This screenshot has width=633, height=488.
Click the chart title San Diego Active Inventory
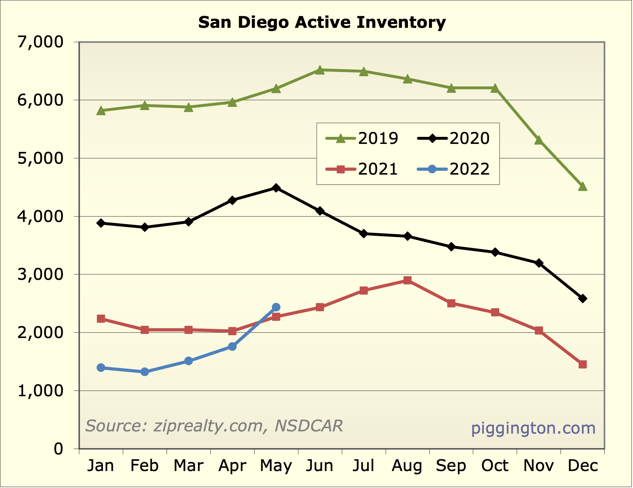click(322, 22)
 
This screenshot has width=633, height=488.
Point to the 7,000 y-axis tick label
click(41, 42)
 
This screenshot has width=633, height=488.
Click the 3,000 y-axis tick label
click(41, 274)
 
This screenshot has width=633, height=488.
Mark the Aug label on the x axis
click(407, 466)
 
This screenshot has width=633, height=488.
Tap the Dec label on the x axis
click(582, 466)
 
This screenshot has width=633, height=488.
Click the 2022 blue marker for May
click(276, 307)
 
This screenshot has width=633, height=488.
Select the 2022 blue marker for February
click(145, 372)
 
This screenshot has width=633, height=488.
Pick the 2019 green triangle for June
click(320, 70)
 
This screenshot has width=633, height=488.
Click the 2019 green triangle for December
click(582, 186)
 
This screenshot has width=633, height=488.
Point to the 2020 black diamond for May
click(276, 188)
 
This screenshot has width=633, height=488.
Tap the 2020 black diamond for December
click(582, 299)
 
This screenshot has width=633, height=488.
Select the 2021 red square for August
click(407, 280)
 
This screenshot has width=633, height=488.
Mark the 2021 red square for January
click(101, 319)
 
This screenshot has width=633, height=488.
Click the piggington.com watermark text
click(533, 428)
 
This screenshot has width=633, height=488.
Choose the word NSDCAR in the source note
click(309, 426)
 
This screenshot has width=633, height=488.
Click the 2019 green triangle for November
click(539, 140)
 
